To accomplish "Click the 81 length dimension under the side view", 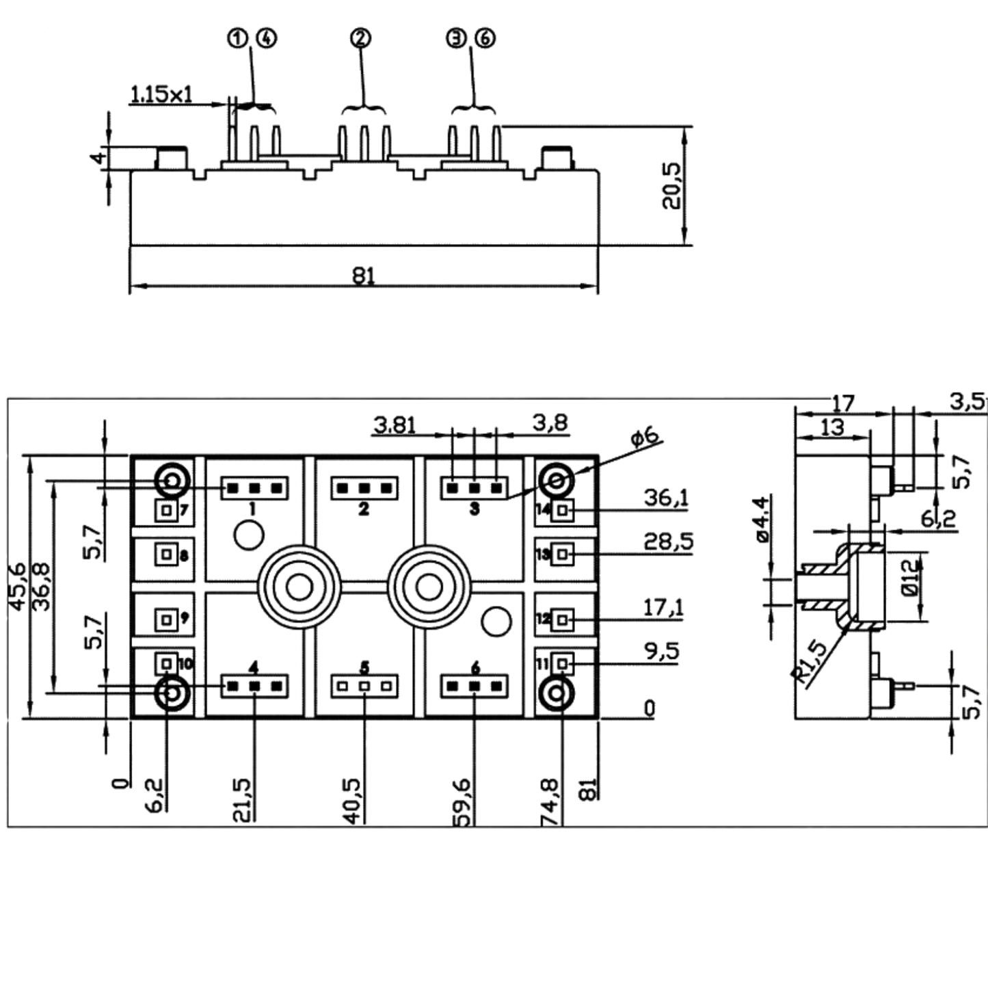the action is [364, 276].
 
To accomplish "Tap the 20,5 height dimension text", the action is [671, 185].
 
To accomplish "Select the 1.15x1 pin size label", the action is [161, 94].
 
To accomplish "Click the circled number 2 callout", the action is [361, 38].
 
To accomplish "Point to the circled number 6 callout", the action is [485, 38].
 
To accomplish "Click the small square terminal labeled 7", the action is [166, 510].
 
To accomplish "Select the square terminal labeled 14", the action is [563, 510].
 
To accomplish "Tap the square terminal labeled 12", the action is [563, 619].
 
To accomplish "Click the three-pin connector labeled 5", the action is [364, 686].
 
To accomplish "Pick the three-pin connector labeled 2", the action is [364, 488].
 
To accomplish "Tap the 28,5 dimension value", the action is [668, 542].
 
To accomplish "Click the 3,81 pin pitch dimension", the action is [395, 425].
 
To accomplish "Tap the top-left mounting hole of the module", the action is [173, 481].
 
